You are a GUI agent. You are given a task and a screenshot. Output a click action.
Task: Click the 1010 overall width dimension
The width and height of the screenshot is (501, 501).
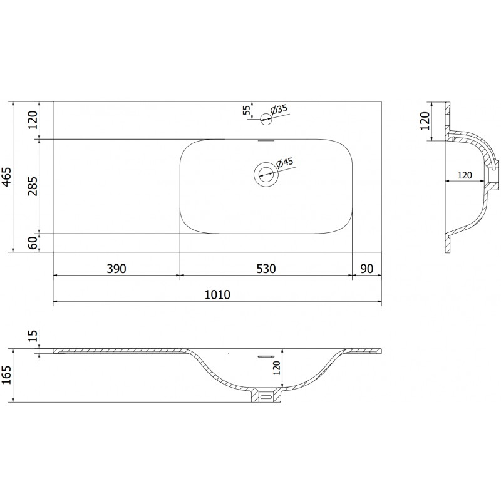click(217, 294)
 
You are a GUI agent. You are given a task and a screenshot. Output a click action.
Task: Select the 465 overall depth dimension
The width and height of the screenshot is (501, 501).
click(7, 177)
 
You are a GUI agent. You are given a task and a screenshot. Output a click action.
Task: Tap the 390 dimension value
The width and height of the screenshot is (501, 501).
click(116, 269)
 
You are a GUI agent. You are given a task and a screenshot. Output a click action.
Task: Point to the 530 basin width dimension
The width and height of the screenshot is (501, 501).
click(266, 269)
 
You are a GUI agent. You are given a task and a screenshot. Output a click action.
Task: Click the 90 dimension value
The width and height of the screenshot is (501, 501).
click(367, 269)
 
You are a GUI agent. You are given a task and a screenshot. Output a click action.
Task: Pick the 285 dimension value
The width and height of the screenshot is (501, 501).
click(33, 186)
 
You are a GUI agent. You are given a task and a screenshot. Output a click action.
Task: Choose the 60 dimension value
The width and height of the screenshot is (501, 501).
click(33, 243)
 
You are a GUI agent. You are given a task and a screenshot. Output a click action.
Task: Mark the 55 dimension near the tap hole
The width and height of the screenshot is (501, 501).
click(247, 110)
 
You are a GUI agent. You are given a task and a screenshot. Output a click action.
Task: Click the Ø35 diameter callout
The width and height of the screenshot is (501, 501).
click(279, 110)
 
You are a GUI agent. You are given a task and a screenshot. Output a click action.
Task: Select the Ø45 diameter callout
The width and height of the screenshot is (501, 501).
click(284, 163)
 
